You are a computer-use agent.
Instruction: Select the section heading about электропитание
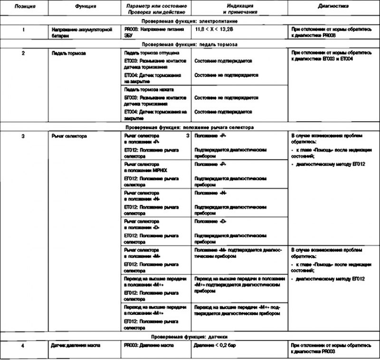point(190,21)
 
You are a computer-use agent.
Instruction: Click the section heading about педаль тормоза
point(190,44)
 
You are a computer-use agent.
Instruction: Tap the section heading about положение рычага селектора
point(190,128)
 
